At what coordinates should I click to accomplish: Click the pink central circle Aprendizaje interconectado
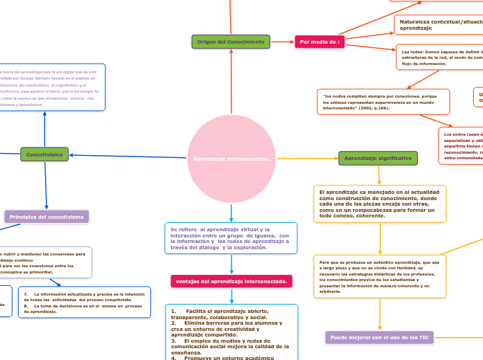click(231, 159)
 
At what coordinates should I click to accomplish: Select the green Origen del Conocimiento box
click(231, 42)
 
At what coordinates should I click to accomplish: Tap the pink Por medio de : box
click(319, 42)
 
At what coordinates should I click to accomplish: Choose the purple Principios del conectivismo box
click(46, 217)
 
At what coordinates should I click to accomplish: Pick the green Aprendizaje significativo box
click(378, 158)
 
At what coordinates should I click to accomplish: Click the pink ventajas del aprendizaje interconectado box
click(231, 281)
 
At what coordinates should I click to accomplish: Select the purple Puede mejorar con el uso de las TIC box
click(380, 337)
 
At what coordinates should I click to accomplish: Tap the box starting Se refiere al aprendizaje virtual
click(231, 237)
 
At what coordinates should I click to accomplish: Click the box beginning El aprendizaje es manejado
click(379, 203)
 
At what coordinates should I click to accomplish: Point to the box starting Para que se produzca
click(379, 276)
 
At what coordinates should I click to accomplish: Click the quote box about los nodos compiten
click(383, 102)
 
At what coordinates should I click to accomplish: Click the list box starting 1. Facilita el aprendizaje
click(231, 332)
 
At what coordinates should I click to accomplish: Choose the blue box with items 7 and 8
click(84, 303)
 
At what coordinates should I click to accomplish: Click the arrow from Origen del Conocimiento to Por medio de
click(282, 42)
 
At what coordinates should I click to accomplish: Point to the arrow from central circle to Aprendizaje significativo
click(306, 159)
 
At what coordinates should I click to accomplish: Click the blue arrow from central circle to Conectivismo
click(128, 156)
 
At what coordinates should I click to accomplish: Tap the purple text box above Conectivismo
click(53, 87)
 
